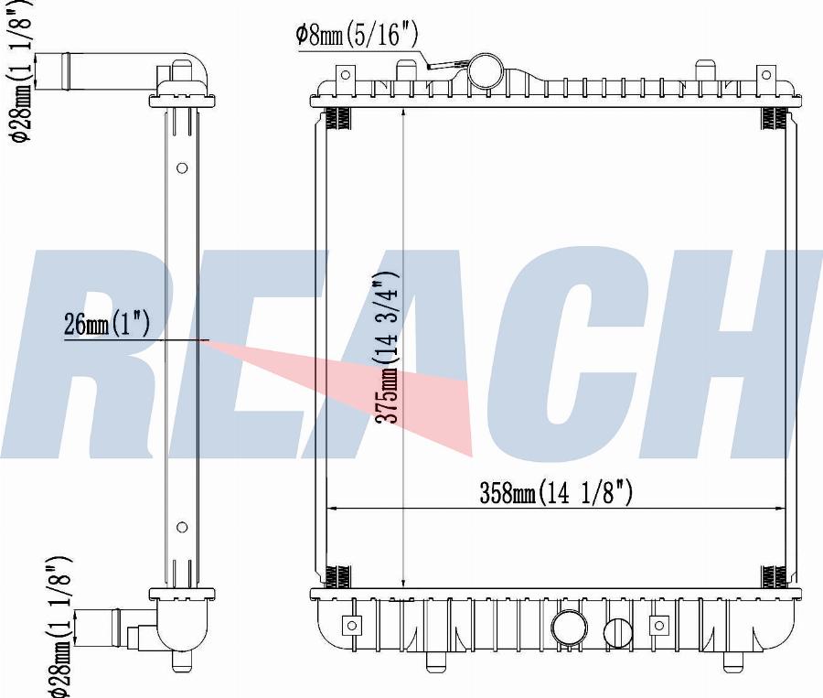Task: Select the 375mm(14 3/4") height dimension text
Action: click(x=386, y=348)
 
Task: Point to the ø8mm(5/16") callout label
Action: click(x=357, y=35)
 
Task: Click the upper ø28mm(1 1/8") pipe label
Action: click(x=21, y=71)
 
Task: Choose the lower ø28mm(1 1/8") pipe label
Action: click(x=59, y=627)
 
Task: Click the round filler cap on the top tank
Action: click(x=486, y=71)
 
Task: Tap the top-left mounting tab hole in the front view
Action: click(x=346, y=75)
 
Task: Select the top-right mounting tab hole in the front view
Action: click(x=765, y=75)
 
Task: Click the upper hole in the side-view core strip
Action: click(x=182, y=168)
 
